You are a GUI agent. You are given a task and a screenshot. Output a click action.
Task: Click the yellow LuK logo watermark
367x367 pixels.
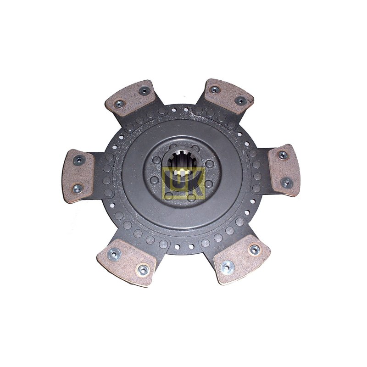[x=184, y=182]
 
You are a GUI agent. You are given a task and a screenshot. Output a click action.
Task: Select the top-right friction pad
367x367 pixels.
[x=228, y=96]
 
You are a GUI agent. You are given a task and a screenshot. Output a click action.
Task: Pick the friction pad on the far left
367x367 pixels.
[x=78, y=176]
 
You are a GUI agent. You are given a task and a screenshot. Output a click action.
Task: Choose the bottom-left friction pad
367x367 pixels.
[x=127, y=262]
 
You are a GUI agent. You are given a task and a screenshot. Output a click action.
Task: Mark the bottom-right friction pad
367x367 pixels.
[x=242, y=259]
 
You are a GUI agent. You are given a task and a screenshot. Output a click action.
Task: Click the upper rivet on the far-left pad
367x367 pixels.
[x=79, y=160]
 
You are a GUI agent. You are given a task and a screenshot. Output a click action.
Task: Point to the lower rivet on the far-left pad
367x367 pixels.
[x=78, y=189]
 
